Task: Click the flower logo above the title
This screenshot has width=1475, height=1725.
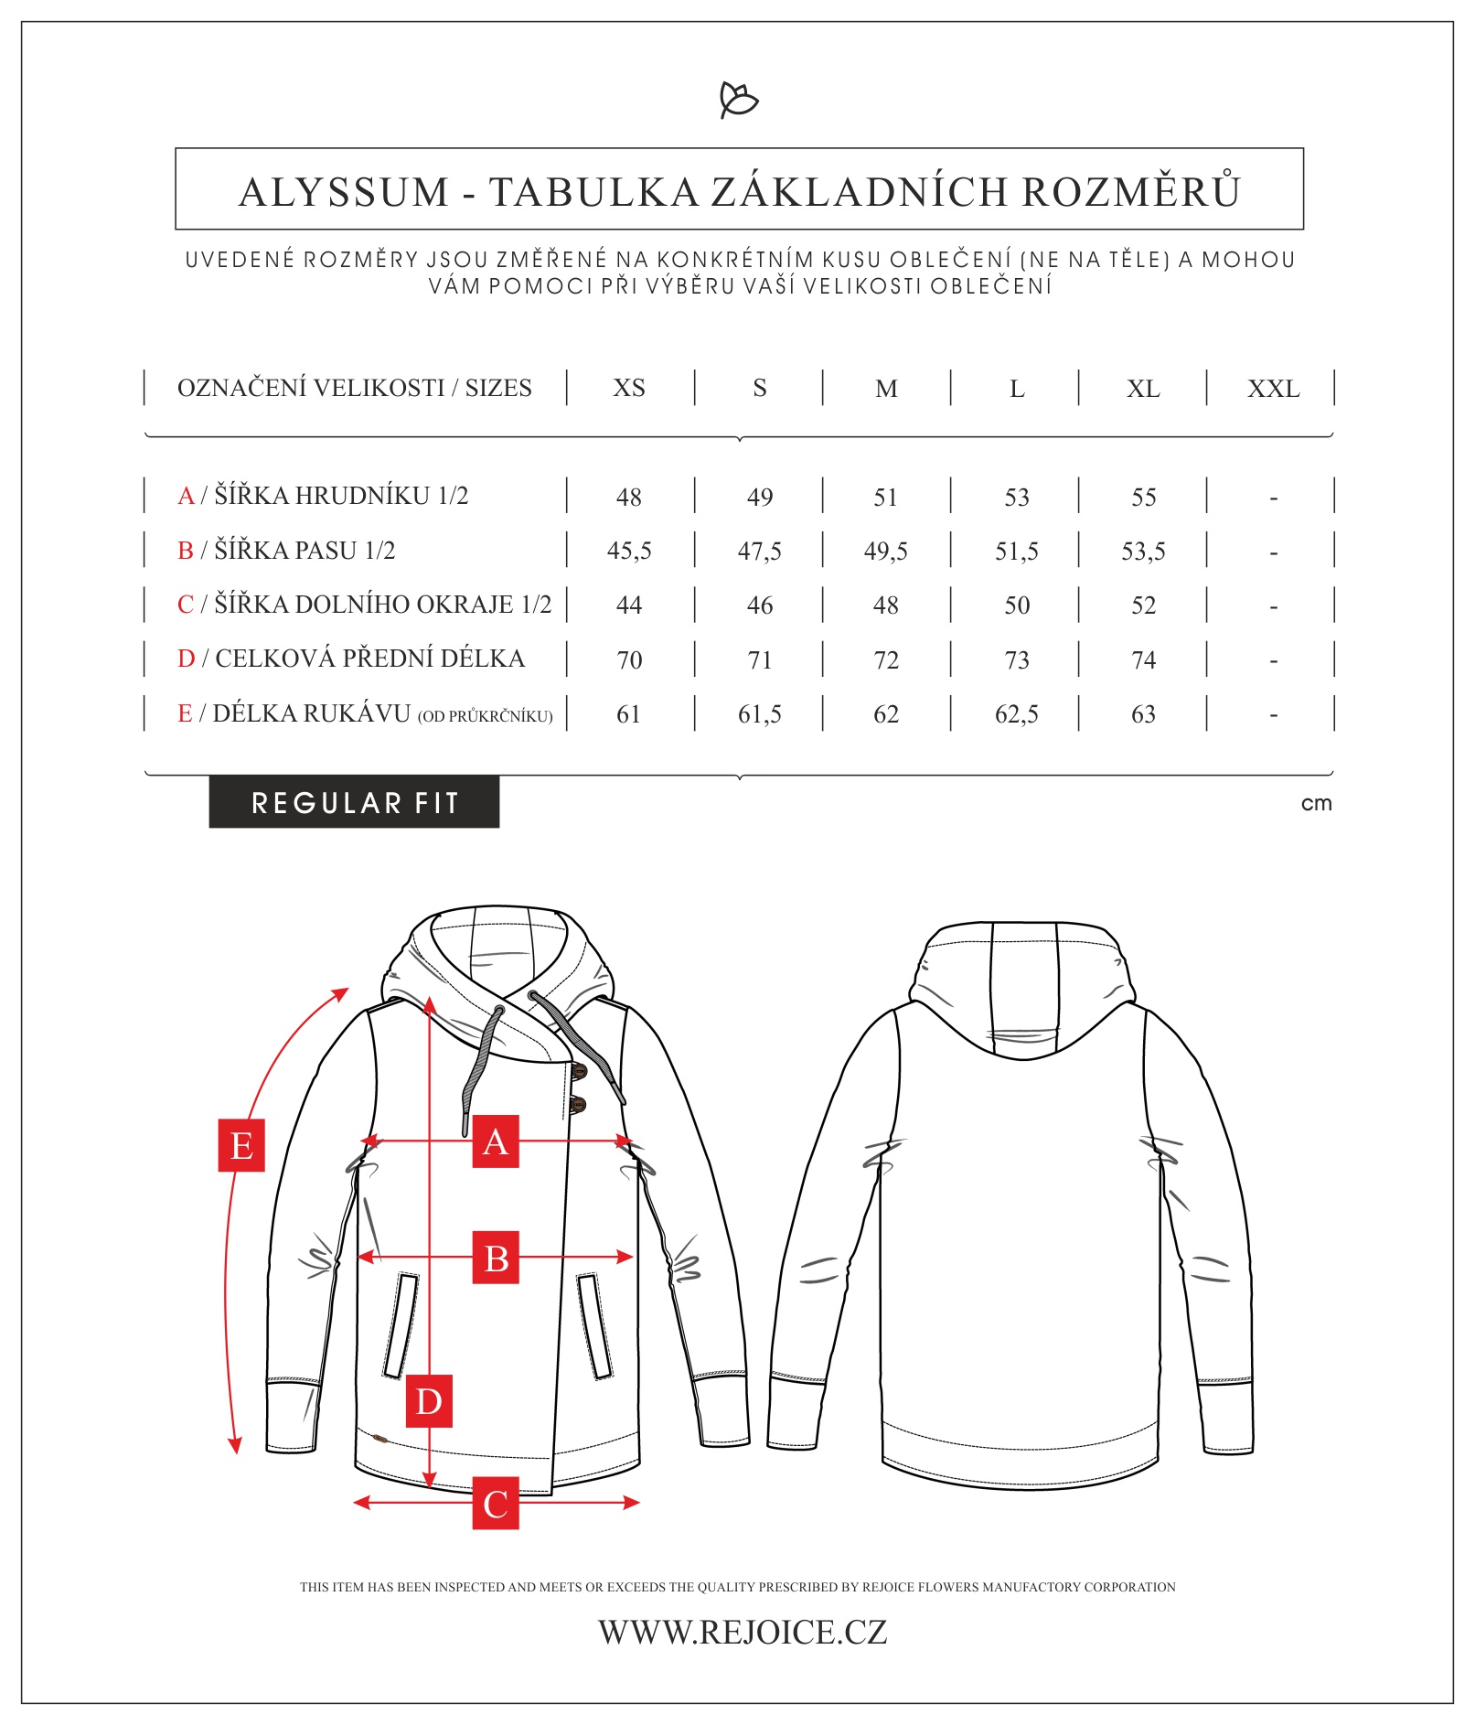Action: [739, 100]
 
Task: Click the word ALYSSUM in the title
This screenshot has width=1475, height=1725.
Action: [344, 192]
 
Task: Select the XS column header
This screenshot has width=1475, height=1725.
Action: [629, 388]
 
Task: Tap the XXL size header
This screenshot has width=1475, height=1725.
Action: [1273, 389]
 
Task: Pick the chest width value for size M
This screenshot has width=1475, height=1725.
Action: [885, 497]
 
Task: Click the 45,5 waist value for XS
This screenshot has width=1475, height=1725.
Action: [629, 551]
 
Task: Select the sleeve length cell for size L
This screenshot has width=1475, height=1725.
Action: [1016, 713]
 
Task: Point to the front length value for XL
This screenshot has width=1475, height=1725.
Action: [1143, 659]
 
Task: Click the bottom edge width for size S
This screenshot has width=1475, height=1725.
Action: [759, 605]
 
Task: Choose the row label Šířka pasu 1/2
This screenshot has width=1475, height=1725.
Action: [286, 551]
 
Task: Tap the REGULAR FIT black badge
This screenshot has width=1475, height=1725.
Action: [354, 802]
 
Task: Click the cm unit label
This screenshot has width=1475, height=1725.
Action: [1316, 803]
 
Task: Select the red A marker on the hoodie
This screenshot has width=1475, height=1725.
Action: [495, 1141]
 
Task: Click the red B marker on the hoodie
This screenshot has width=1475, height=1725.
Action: [496, 1258]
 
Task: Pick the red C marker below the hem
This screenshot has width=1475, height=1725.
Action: [496, 1503]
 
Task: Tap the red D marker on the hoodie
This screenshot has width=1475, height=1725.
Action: [429, 1400]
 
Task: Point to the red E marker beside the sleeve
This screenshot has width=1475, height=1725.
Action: [241, 1145]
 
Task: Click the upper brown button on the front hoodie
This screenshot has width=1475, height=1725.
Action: [578, 1070]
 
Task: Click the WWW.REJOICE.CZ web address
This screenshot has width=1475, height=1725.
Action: [743, 1632]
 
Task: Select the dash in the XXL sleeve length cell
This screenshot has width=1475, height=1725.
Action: [1273, 714]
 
